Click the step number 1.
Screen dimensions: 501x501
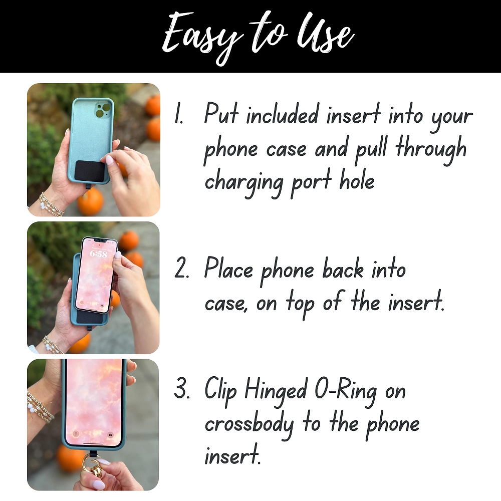[179, 116]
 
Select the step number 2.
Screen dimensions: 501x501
[181, 271]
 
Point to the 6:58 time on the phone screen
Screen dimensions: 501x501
[98, 255]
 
